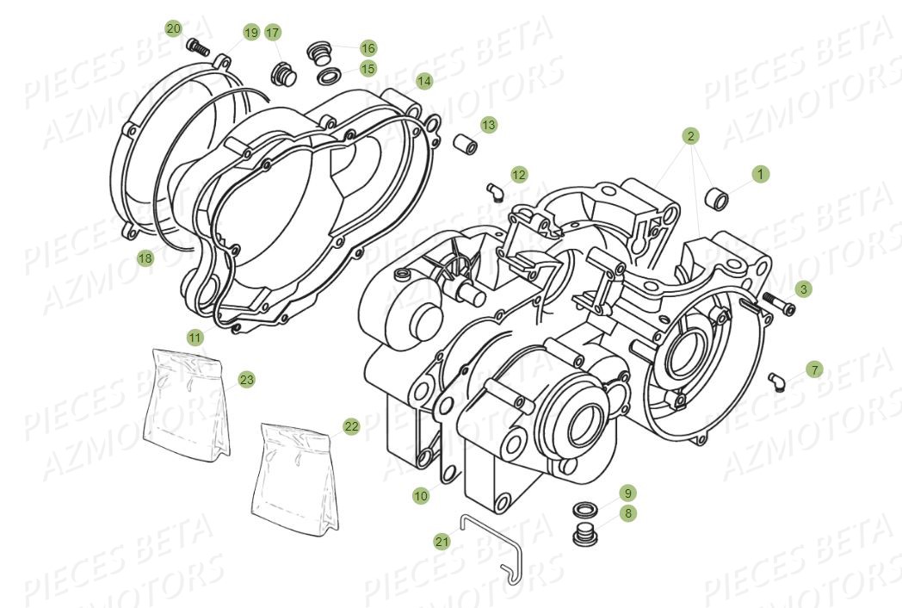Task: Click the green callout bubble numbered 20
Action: pos(174,28)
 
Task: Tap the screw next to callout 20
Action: pos(198,47)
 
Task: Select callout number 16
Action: pos(368,48)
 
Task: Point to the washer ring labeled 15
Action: pos(328,78)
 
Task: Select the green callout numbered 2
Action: pos(690,136)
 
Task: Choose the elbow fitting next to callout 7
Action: pos(776,379)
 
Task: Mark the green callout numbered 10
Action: pos(420,496)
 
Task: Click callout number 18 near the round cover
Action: pos(145,257)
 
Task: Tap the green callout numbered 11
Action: pos(195,338)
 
